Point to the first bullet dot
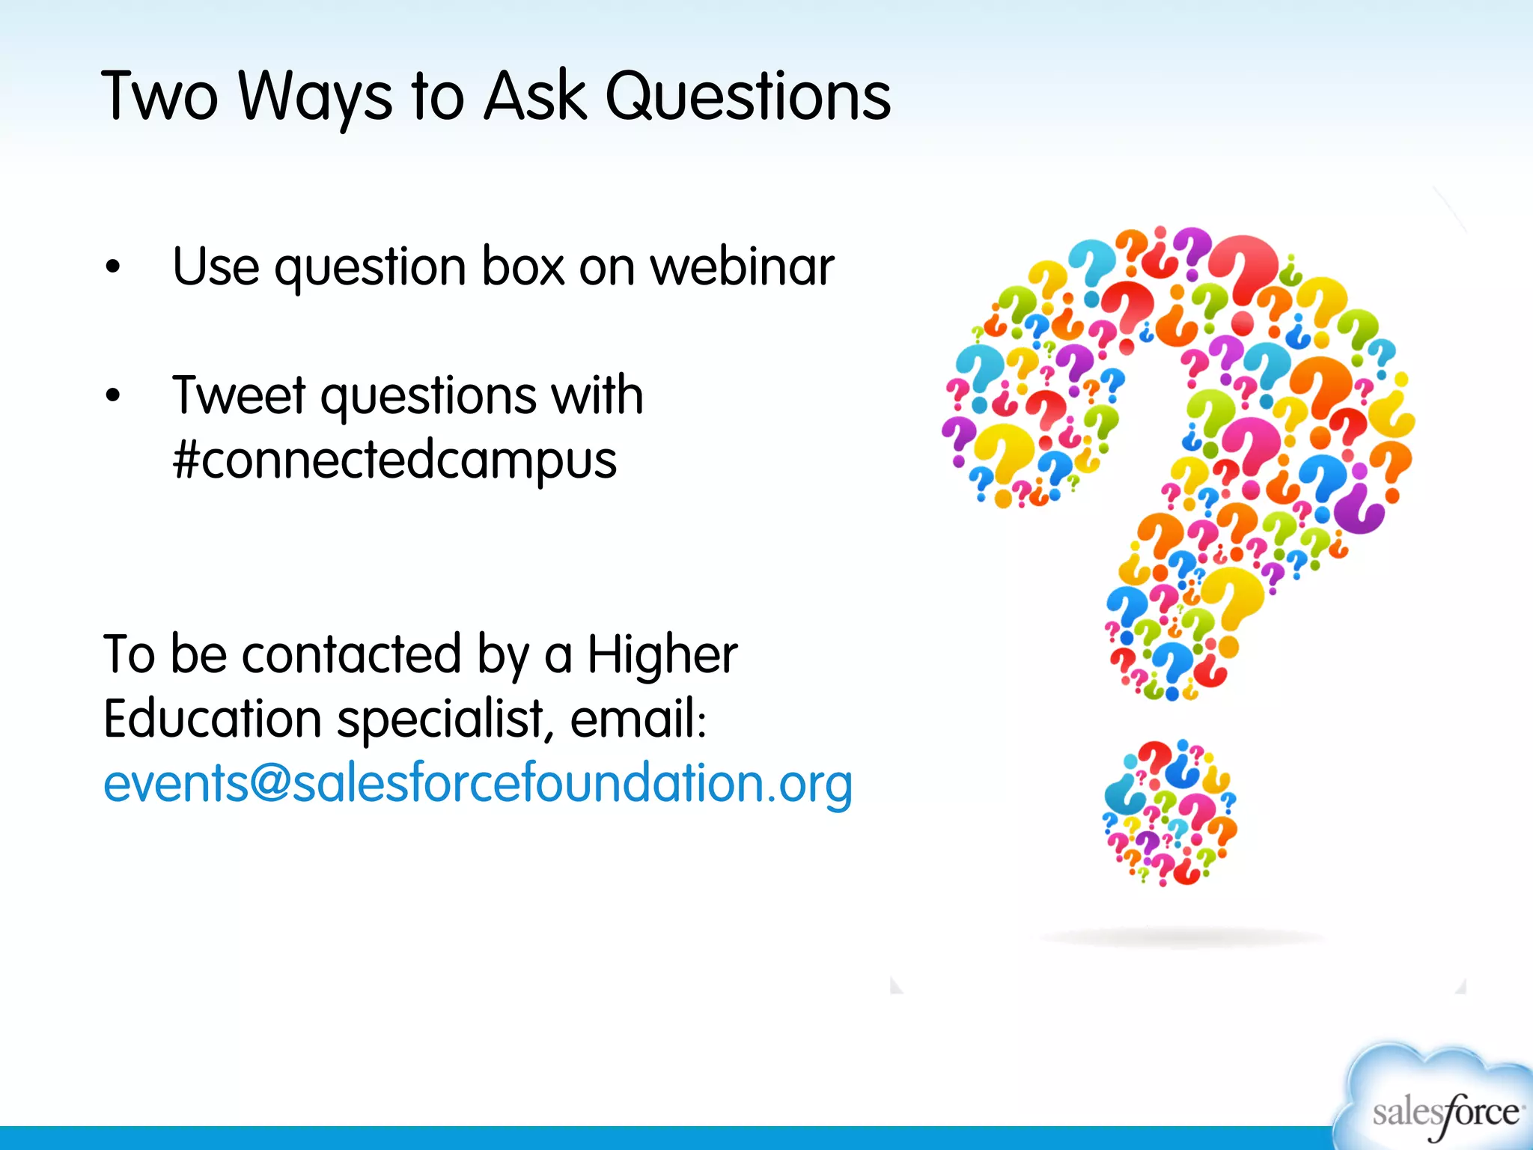[x=113, y=267]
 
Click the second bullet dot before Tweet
[x=113, y=395]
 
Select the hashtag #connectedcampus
[x=394, y=460]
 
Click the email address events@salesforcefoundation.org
[x=478, y=783]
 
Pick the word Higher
[x=662, y=654]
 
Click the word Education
[x=213, y=719]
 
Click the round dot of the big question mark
[x=1170, y=813]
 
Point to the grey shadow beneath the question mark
[x=1183, y=937]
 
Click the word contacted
[x=351, y=654]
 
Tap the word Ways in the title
[x=314, y=97]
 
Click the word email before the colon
[x=633, y=719]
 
